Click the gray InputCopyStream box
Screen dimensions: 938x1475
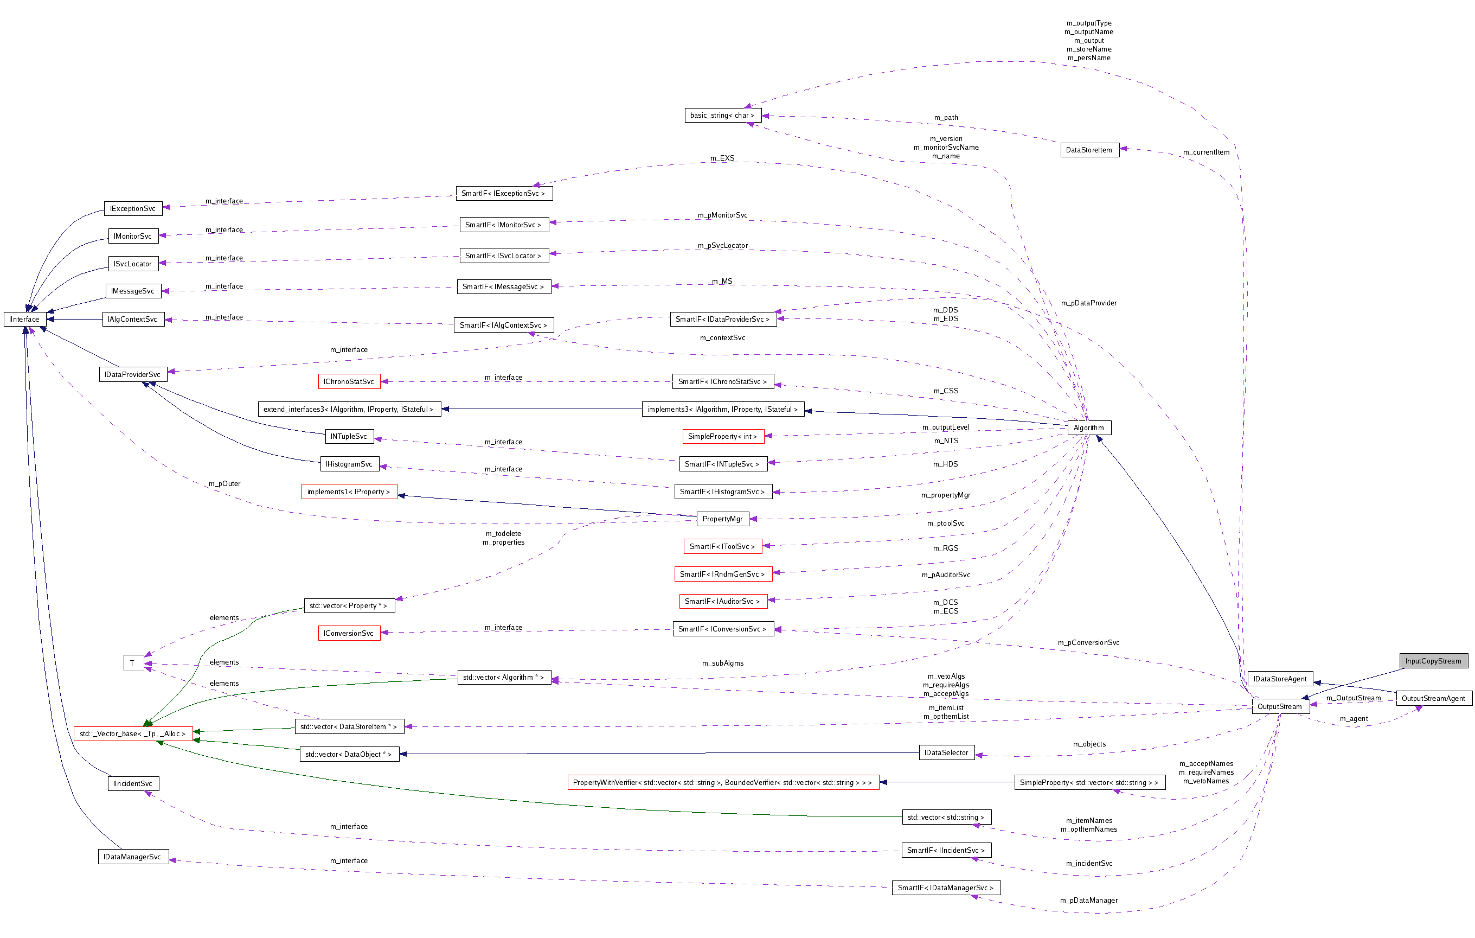coord(1433,660)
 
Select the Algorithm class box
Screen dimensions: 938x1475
coord(1088,427)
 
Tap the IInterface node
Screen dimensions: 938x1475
coord(24,319)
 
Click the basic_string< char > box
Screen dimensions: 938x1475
coord(722,115)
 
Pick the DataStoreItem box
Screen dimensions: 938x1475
coord(1088,150)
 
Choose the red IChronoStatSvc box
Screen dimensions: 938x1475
coord(349,382)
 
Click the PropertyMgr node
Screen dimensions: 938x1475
coord(722,519)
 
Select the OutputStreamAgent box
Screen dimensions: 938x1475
coord(1433,698)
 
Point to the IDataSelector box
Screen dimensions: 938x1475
coord(946,753)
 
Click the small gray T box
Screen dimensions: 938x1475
coord(132,663)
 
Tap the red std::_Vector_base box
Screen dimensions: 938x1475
coord(132,733)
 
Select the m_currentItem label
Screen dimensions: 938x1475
coord(1205,152)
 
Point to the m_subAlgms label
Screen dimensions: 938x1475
coord(722,663)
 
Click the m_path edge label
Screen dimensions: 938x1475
coord(946,118)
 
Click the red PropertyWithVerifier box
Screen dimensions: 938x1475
coord(722,782)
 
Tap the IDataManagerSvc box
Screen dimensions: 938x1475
coord(132,857)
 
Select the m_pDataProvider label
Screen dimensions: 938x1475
coord(1088,303)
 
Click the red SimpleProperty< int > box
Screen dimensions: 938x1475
coord(722,436)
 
